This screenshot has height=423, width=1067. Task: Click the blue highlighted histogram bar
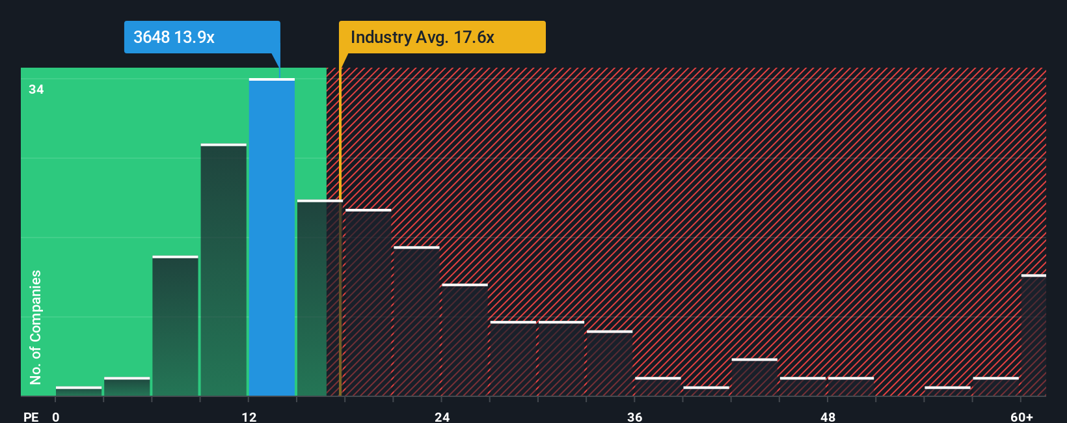[x=272, y=238]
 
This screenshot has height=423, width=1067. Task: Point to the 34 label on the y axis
[x=36, y=90]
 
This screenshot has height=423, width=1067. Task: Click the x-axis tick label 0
[x=56, y=416]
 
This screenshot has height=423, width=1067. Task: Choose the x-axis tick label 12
[x=249, y=416]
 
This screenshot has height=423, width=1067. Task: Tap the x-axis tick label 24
[x=442, y=416]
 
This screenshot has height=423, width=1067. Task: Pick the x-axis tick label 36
[x=635, y=416]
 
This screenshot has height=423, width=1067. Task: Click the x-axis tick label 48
[x=828, y=416]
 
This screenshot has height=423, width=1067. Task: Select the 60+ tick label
[x=1021, y=416]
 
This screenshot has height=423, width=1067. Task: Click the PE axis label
[x=31, y=416]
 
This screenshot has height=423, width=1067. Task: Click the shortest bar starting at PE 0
[x=79, y=391]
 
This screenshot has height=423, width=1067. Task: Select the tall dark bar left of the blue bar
[x=224, y=270]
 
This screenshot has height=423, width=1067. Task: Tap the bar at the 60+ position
[x=1033, y=335]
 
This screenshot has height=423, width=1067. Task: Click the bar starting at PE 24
[x=465, y=340]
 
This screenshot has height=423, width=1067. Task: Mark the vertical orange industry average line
[x=340, y=260]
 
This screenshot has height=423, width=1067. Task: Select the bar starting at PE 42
[x=754, y=377]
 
